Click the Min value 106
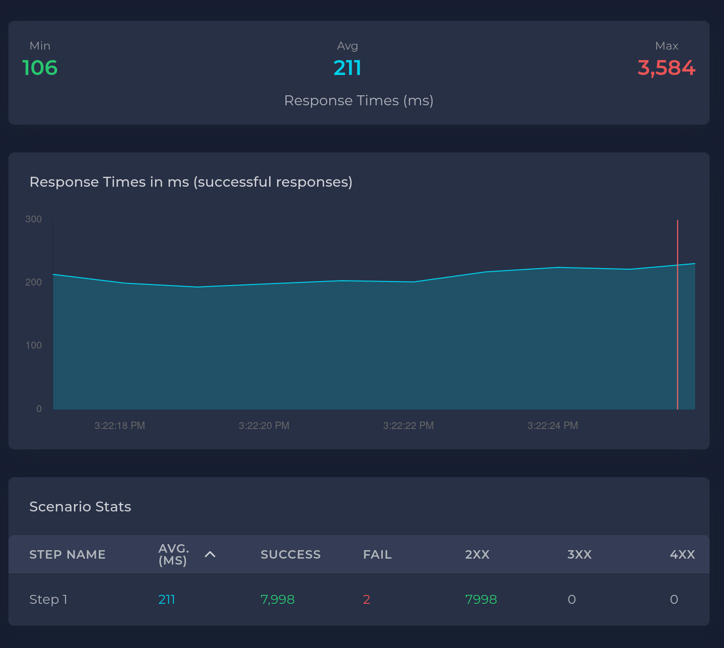point(40,68)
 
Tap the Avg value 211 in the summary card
point(347,68)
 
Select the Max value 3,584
point(666,68)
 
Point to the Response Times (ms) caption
point(359,101)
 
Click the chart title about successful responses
point(191,182)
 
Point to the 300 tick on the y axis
point(34,219)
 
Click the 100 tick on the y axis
point(34,345)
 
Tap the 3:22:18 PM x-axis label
point(120,426)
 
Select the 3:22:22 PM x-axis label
point(408,426)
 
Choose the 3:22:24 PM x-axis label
point(553,426)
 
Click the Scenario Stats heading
point(80,506)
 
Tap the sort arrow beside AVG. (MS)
point(210,554)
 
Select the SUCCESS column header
point(290,555)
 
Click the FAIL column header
point(377,555)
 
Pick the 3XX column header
point(579,555)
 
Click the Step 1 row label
point(48,599)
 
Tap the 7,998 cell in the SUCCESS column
point(278,599)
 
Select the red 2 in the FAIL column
point(366,599)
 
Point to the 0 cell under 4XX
point(674,599)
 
